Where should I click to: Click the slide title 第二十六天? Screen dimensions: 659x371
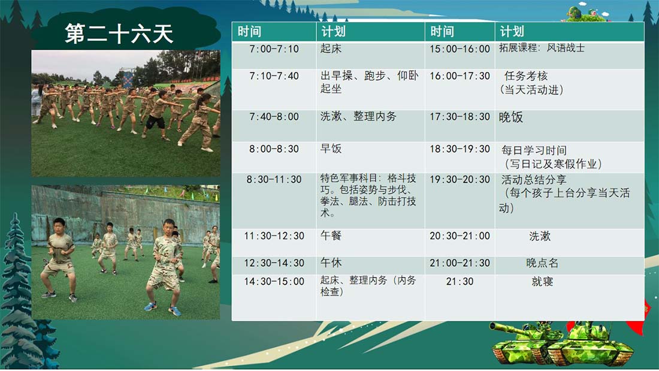pos(119,34)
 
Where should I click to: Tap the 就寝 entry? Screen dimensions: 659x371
pos(542,282)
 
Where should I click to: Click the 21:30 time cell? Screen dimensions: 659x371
pos(460,282)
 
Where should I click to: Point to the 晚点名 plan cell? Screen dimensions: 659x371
pos(542,263)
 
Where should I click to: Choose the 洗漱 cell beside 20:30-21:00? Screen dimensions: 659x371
pos(540,236)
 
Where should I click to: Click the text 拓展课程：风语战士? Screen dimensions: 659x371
pos(542,48)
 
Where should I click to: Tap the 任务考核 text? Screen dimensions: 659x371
pos(526,76)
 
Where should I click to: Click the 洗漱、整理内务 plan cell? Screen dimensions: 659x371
pos(358,116)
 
